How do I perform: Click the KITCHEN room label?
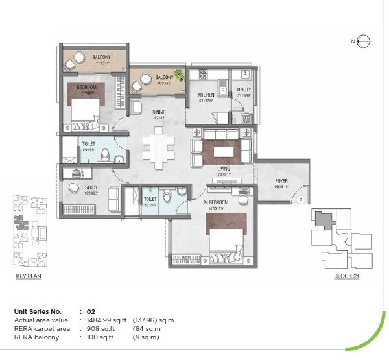tap(206, 95)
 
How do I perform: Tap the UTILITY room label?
tap(243, 90)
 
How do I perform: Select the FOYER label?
tap(281, 181)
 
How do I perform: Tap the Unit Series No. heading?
tap(40, 312)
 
